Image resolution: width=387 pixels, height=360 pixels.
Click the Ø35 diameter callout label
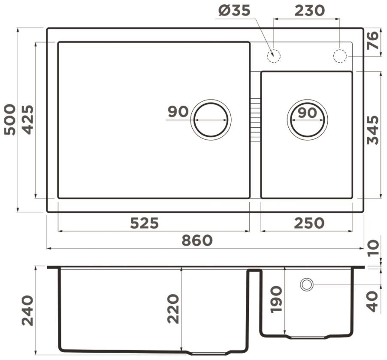point(234,11)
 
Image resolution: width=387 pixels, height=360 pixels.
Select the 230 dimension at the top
point(309,11)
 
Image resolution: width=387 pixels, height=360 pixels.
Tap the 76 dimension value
point(372,40)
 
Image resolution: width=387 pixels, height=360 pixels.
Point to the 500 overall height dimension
point(10,119)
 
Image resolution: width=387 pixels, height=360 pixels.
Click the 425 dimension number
point(27,120)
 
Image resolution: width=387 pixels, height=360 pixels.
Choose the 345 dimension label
point(372,130)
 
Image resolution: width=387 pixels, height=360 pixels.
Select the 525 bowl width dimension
point(145,223)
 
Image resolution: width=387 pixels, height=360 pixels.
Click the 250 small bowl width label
point(309,223)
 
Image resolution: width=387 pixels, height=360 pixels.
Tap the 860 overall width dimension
point(197,240)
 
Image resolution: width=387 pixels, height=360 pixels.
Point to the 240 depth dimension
point(27,310)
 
